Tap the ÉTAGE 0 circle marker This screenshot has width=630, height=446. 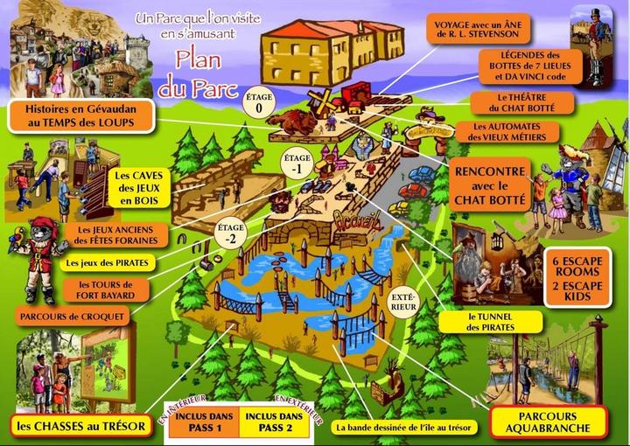(259, 102)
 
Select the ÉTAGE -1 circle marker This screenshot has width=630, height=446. (297, 164)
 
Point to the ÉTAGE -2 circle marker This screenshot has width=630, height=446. (231, 232)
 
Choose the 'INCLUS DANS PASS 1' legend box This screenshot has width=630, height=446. (202, 422)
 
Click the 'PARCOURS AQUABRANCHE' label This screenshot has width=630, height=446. (548, 422)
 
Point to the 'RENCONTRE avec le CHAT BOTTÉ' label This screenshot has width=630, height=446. (492, 185)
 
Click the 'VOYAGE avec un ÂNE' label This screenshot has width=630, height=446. (480, 27)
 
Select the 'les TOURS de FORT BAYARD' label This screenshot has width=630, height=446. (105, 289)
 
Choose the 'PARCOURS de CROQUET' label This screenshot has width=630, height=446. (66, 315)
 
